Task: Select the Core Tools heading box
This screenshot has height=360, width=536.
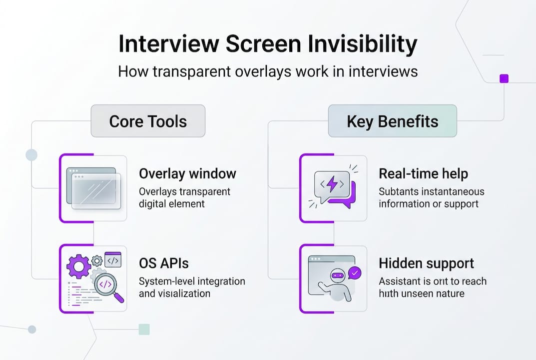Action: (148, 121)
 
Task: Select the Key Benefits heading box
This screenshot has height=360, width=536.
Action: (392, 121)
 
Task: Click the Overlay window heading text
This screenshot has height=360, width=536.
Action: (187, 173)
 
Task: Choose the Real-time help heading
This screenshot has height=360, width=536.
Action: (423, 173)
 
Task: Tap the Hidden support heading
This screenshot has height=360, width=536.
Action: (426, 263)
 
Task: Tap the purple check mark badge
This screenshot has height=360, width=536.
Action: (355, 272)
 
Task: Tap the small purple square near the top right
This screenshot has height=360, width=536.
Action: (504, 78)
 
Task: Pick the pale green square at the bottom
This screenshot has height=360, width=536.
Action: (144, 329)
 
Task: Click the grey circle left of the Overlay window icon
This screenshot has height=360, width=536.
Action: (31, 155)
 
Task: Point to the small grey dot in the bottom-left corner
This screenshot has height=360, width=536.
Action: (32, 329)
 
